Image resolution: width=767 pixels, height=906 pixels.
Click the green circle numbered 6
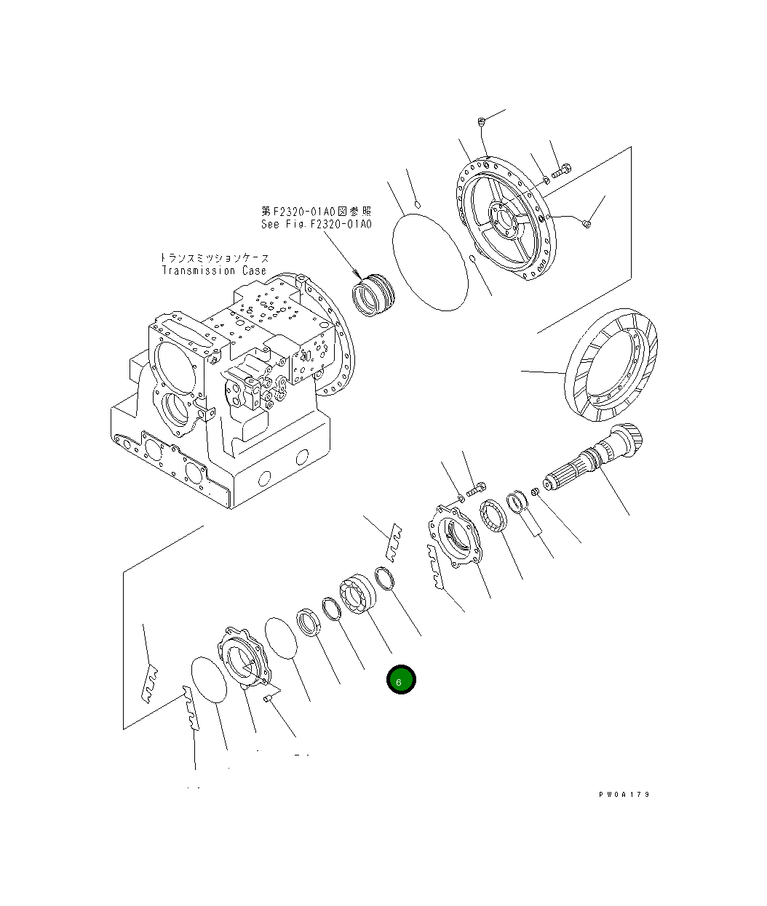pos(400,681)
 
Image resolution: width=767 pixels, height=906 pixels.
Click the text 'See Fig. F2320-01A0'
pos(316,224)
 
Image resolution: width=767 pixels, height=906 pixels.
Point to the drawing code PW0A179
pos(624,794)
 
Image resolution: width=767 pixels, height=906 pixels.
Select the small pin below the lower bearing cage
pos(268,698)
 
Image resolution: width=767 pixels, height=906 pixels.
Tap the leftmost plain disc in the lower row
pos(210,680)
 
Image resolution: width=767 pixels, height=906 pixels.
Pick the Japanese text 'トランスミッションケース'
pos(214,257)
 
